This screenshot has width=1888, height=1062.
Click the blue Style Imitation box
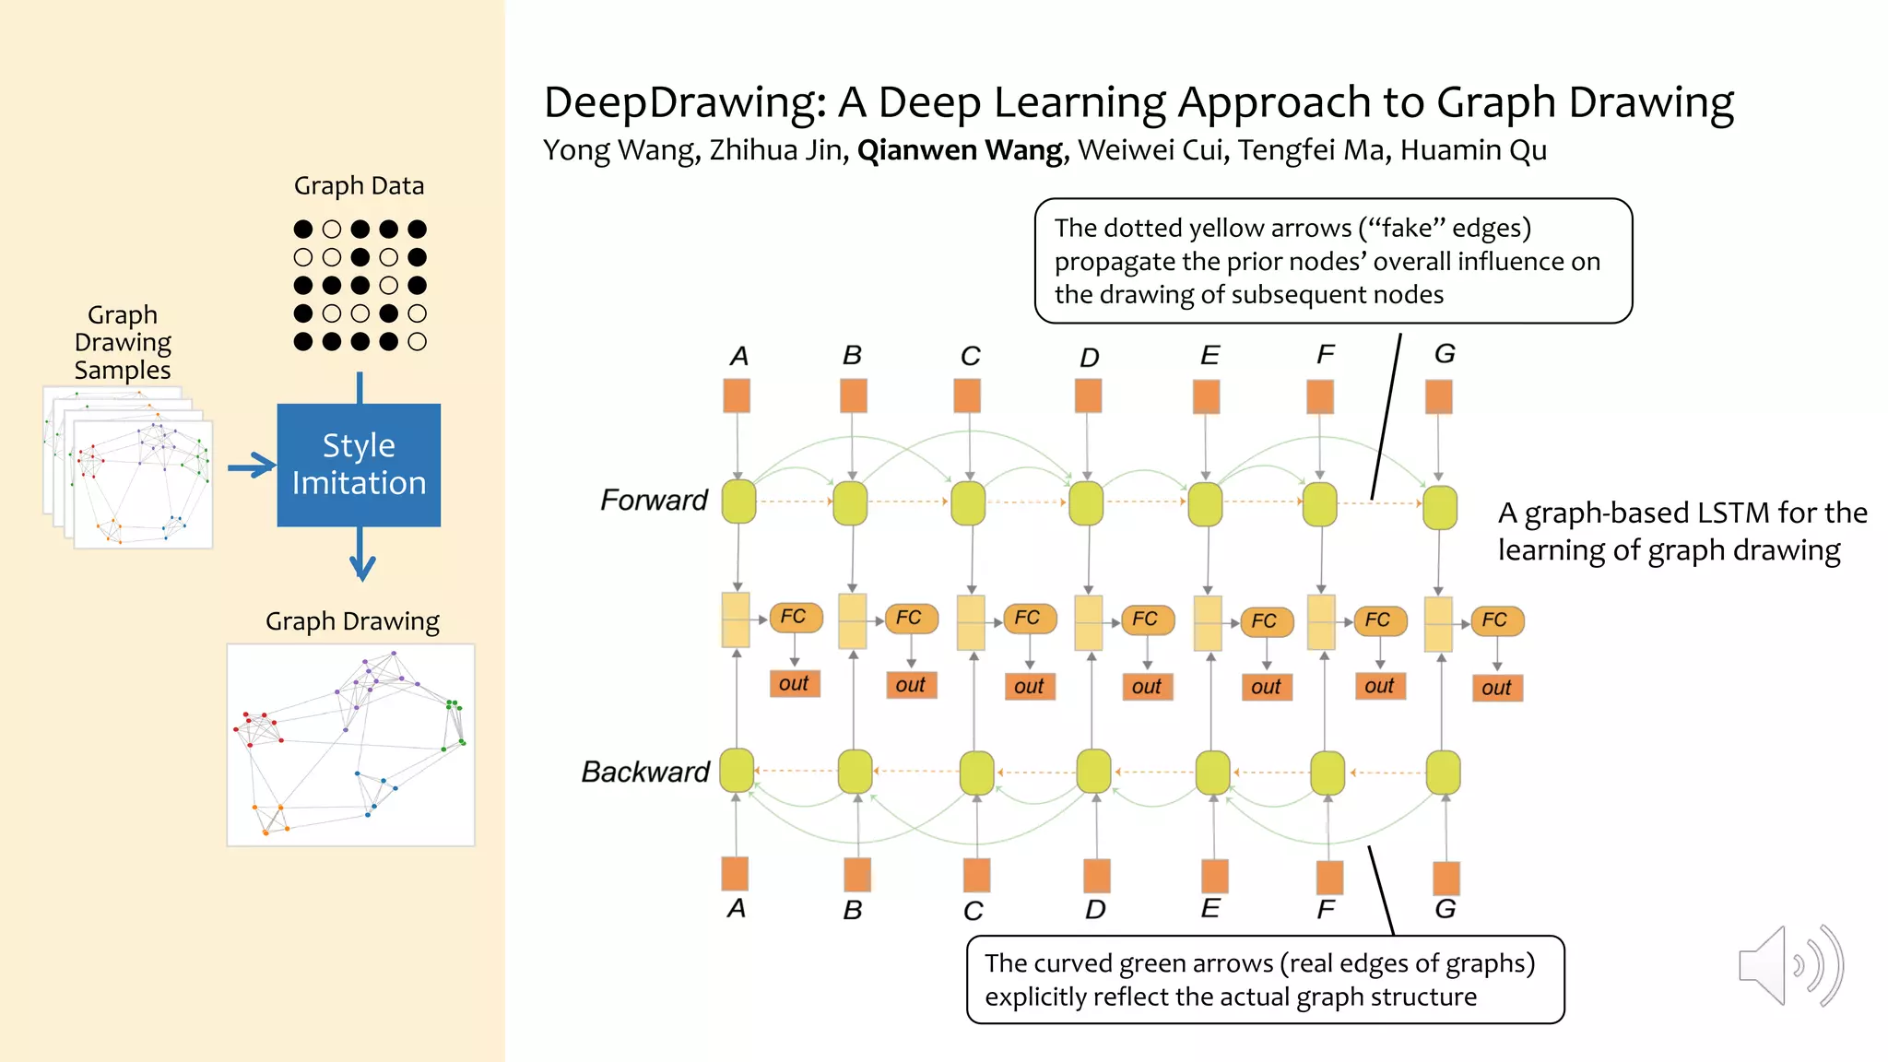click(x=359, y=465)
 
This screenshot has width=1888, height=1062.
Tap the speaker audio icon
click(x=1789, y=965)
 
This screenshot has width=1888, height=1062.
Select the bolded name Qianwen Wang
click(x=960, y=150)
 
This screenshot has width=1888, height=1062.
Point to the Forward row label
click(x=654, y=500)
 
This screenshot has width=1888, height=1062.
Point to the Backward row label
click(x=645, y=772)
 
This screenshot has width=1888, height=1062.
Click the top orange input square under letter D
click(x=1088, y=395)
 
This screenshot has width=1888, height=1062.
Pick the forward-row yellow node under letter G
click(x=1439, y=508)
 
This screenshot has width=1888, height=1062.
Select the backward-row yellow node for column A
click(x=737, y=771)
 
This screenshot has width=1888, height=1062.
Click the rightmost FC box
click(x=1496, y=620)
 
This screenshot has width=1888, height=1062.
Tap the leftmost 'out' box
click(x=794, y=683)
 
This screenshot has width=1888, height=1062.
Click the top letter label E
click(x=1209, y=356)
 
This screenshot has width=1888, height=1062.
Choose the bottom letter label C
click(x=973, y=911)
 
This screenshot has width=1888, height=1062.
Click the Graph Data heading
click(x=359, y=186)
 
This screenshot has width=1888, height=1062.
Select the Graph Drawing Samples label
click(x=123, y=342)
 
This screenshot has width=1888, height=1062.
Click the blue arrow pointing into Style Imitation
click(x=252, y=466)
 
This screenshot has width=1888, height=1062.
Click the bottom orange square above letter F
click(x=1329, y=877)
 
